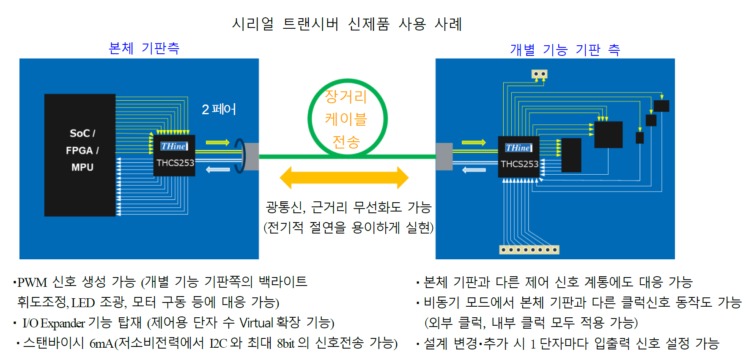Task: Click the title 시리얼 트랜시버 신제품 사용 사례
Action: coord(347,24)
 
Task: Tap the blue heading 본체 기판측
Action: coord(144,48)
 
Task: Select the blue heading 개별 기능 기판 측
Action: coord(565,50)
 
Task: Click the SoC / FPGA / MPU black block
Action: coord(80,155)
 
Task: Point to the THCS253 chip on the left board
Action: coord(174,155)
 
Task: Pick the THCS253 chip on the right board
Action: coord(519,157)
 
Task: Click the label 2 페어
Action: coord(219,109)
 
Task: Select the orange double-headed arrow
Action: coord(344,178)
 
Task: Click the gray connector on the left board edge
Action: coord(252,157)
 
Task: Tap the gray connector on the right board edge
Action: coord(444,157)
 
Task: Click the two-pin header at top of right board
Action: coord(540,74)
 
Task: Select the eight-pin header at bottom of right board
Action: coord(529,250)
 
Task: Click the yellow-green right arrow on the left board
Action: coord(218,143)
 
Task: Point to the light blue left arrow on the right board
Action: coord(474,170)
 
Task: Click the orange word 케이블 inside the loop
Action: coord(346,119)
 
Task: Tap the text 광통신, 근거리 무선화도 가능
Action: coord(348,207)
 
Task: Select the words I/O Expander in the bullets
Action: coord(54,323)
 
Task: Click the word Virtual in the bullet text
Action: coord(256,323)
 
